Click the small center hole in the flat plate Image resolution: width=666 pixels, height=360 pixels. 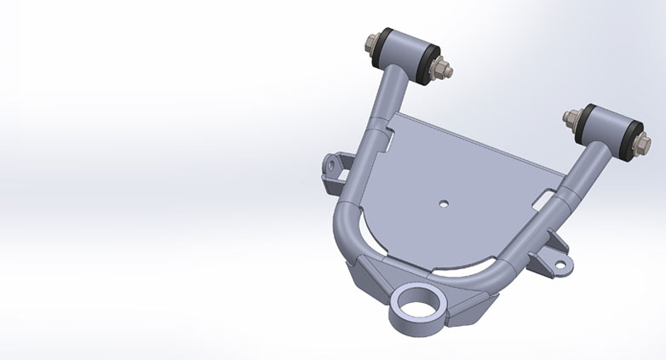(445, 203)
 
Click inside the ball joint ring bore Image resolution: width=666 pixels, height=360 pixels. (416, 302)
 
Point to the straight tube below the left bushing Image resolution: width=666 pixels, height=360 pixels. (388, 102)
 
